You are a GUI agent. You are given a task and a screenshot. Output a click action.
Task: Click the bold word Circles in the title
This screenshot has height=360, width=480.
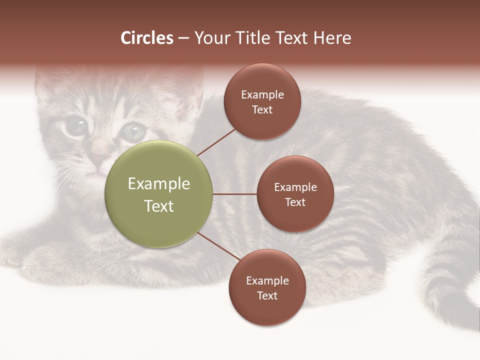147,38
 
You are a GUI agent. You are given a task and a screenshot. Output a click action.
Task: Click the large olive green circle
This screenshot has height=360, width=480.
159,194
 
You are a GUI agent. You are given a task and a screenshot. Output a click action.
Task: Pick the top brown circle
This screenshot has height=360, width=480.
262,101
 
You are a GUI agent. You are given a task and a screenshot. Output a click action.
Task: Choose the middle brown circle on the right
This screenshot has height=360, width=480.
295,194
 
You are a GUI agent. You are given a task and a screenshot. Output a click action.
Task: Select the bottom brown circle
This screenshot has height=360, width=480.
267,287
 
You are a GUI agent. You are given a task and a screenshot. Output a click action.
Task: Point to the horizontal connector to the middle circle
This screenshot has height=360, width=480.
234,194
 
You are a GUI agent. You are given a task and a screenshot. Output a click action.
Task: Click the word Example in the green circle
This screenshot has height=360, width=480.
159,184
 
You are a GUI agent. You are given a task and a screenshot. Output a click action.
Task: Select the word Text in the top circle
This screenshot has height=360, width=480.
262,109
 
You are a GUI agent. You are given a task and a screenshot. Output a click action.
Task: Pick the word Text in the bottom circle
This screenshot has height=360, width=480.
267,295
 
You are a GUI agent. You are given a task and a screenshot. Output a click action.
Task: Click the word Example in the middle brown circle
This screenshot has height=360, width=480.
295,187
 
